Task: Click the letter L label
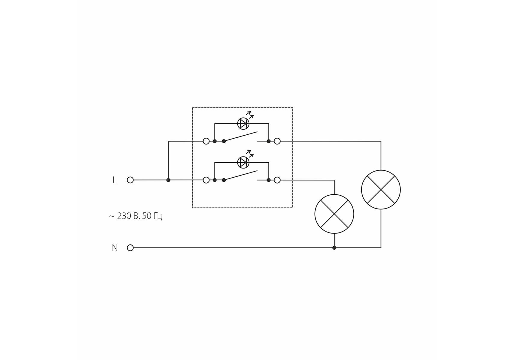point(114,180)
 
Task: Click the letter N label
point(114,248)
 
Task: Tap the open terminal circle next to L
point(130,180)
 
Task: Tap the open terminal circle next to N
point(130,248)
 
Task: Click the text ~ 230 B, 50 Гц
point(135,216)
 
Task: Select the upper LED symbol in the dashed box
point(243,124)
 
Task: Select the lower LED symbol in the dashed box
point(243,162)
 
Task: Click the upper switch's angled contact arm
point(241,136)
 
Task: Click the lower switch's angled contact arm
point(241,175)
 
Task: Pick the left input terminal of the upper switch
point(206,141)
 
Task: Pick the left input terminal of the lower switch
point(206,180)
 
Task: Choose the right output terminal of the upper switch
point(277,141)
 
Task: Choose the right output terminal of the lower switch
point(277,180)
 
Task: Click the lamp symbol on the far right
point(381,190)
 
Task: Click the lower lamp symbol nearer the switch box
point(334,214)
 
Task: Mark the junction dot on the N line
point(334,248)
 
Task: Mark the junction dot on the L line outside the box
point(168,180)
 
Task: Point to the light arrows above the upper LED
point(250,114)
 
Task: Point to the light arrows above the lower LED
point(250,153)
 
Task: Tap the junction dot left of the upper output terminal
point(269,141)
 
